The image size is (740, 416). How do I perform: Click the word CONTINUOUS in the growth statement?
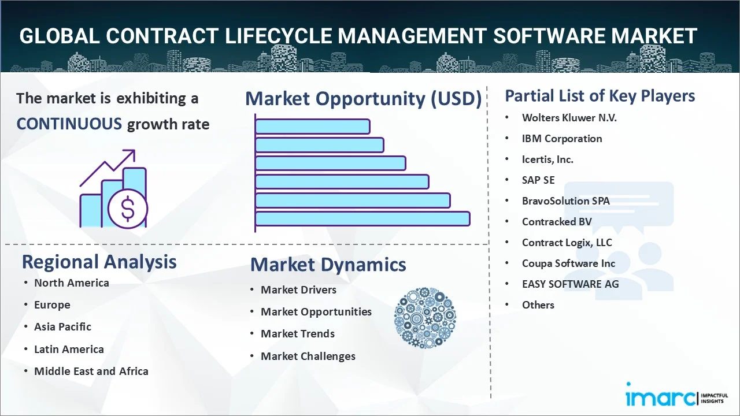pyautogui.click(x=69, y=124)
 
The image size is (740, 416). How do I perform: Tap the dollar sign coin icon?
pyautogui.click(x=128, y=209)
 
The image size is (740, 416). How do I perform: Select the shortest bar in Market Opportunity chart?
pyautogui.click(x=313, y=127)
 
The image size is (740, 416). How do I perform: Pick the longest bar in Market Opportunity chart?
pyautogui.click(x=362, y=218)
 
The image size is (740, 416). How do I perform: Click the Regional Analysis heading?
pyautogui.click(x=99, y=262)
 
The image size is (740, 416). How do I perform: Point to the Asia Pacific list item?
pyautogui.click(x=63, y=326)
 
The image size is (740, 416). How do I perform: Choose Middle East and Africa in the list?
pyautogui.click(x=91, y=371)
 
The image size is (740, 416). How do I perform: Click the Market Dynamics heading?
pyautogui.click(x=328, y=265)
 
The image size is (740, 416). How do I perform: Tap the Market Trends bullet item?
pyautogui.click(x=298, y=334)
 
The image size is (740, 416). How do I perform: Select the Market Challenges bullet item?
pyautogui.click(x=308, y=356)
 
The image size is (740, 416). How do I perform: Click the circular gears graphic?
pyautogui.click(x=425, y=318)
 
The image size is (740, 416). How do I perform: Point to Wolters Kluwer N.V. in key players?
pyautogui.click(x=569, y=118)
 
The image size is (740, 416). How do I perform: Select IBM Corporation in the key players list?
pyautogui.click(x=562, y=139)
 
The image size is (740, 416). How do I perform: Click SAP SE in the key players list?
pyautogui.click(x=538, y=180)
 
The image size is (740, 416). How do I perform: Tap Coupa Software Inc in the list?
pyautogui.click(x=568, y=263)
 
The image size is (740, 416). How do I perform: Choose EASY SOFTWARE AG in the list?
pyautogui.click(x=570, y=284)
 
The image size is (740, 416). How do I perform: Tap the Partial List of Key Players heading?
pyautogui.click(x=600, y=96)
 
